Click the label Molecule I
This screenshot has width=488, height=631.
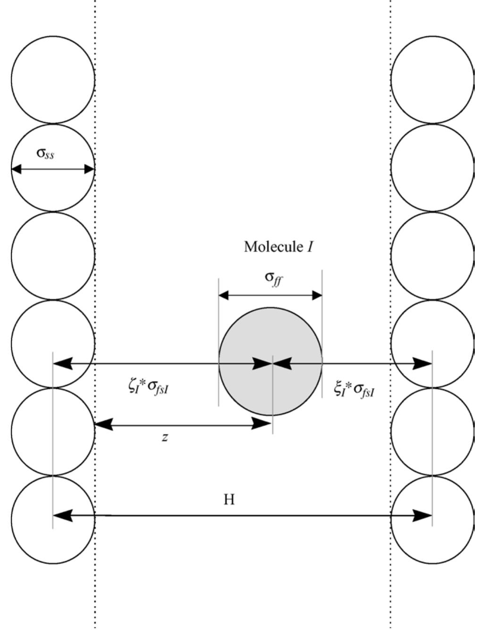click(278, 247)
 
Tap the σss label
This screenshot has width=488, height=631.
click(45, 153)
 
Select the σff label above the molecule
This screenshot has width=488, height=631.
click(274, 279)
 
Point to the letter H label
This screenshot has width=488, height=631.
click(229, 500)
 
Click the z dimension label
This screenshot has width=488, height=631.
click(165, 437)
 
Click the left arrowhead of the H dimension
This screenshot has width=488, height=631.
click(63, 516)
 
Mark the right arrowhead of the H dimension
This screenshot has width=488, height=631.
click(422, 516)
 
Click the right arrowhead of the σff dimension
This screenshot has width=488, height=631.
click(317, 295)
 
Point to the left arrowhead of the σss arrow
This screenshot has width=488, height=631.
click(17, 169)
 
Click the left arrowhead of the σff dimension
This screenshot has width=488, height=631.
click(224, 295)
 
